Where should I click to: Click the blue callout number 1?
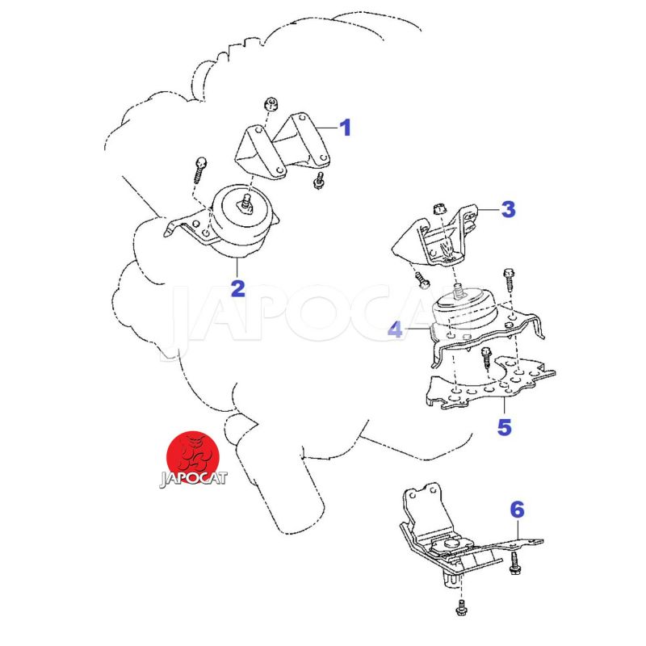(346, 128)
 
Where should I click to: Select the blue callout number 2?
(238, 288)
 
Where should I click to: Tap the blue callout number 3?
(509, 209)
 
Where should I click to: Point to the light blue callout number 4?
(396, 329)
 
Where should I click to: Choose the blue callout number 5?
(504, 426)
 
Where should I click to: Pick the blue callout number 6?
(517, 510)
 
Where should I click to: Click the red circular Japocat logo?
(193, 458)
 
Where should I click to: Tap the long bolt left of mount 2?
(199, 170)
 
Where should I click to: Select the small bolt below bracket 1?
(318, 181)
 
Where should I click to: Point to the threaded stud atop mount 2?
(246, 204)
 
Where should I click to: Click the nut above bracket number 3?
(439, 209)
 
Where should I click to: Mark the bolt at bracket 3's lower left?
(422, 279)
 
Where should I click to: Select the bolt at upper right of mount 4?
(509, 279)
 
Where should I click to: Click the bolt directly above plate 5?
(486, 359)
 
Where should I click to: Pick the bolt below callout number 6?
(515, 564)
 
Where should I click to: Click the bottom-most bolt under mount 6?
(461, 608)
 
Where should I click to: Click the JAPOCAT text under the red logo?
(193, 479)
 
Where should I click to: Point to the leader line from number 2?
(237, 268)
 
